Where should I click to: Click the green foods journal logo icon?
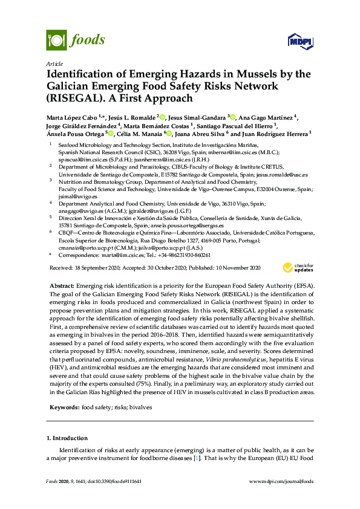pyautogui.click(x=56, y=41)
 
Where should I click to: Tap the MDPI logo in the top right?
pyautogui.click(x=294, y=41)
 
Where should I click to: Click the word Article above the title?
pyautogui.click(x=53, y=63)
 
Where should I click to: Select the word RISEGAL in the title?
pyautogui.click(x=70, y=98)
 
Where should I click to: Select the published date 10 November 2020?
pyautogui.click(x=242, y=267)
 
